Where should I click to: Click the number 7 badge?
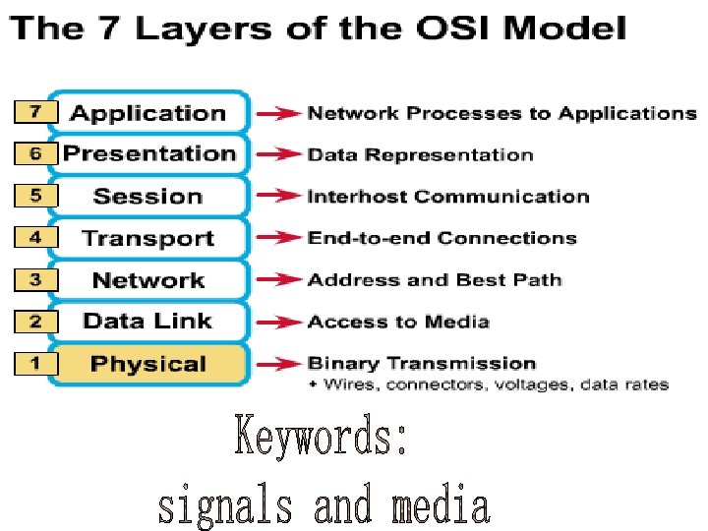pyautogui.click(x=34, y=112)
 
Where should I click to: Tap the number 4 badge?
pyautogui.click(x=34, y=238)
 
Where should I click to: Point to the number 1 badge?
pyautogui.click(x=34, y=364)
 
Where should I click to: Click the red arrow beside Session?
pyautogui.click(x=278, y=196)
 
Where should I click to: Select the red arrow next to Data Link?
pyautogui.click(x=278, y=322)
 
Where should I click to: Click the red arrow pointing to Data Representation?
pyautogui.click(x=278, y=154)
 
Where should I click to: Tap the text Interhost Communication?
pyautogui.click(x=448, y=196)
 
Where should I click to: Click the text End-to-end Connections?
pyautogui.click(x=442, y=238)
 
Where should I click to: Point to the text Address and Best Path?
pyautogui.click(x=435, y=280)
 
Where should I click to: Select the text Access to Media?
pyautogui.click(x=398, y=322)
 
